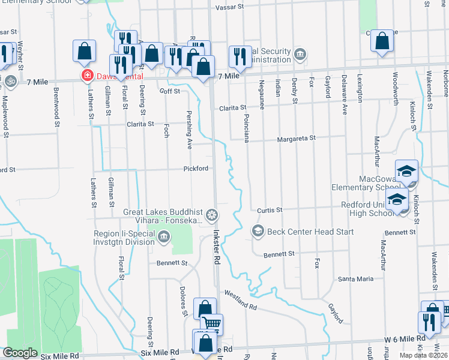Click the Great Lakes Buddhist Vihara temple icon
tap(212, 214)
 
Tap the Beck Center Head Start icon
tap(258, 231)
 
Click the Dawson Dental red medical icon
tap(87, 76)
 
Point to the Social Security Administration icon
tap(300, 55)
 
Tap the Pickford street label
tap(196, 169)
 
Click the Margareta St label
tap(296, 139)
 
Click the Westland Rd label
tap(241, 300)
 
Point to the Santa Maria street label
tap(355, 279)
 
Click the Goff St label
tap(170, 91)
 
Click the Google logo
tap(20, 353)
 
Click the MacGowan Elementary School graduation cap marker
tap(406, 171)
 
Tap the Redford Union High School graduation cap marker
tap(397, 199)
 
